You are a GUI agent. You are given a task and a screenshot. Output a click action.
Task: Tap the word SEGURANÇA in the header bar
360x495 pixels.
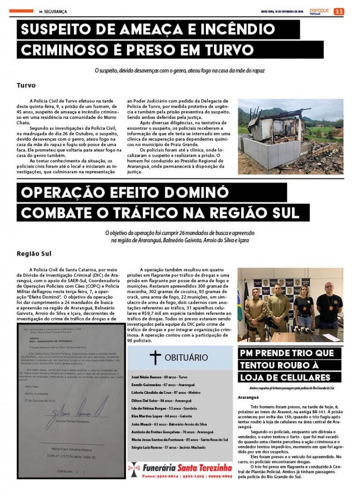tap(56, 12)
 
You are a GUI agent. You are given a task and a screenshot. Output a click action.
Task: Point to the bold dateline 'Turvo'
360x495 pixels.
tap(26, 85)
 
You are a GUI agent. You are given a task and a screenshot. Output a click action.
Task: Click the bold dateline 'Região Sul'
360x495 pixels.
tap(34, 253)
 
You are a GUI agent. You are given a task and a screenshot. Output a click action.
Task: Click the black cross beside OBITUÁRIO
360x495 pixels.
tap(155, 358)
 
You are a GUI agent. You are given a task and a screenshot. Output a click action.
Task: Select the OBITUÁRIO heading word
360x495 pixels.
tap(187, 358)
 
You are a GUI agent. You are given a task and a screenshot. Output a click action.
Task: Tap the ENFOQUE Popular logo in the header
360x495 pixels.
tap(319, 11)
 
